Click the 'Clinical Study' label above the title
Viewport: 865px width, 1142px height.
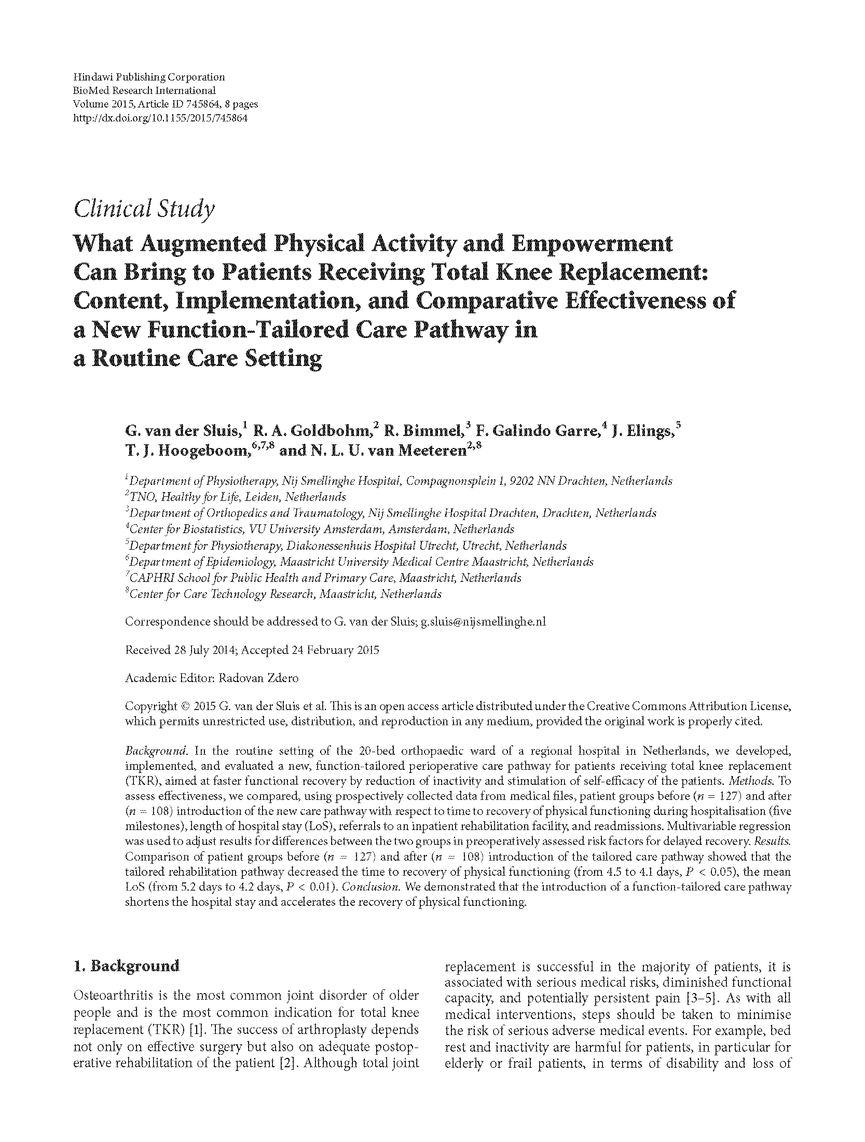pyautogui.click(x=144, y=209)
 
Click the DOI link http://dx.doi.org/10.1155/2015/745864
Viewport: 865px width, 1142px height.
pyautogui.click(x=160, y=118)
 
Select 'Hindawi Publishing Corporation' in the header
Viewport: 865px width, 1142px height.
pyautogui.click(x=149, y=77)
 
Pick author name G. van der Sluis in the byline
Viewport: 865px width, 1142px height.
pyautogui.click(x=182, y=430)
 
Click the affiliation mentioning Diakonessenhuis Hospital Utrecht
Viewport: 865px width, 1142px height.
pyautogui.click(x=348, y=546)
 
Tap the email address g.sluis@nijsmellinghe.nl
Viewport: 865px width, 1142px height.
pyautogui.click(x=483, y=621)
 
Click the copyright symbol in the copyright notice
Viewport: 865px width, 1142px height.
pyautogui.click(x=185, y=706)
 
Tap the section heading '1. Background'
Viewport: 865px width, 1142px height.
pyautogui.click(x=127, y=966)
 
